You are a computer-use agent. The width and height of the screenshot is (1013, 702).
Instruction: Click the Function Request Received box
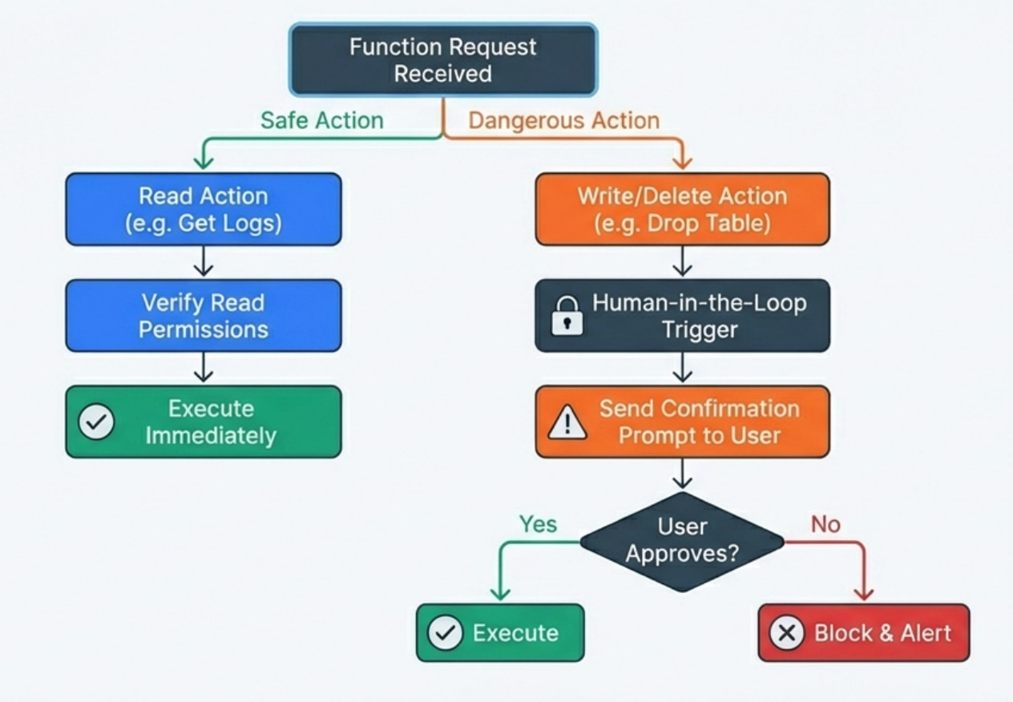coord(443,60)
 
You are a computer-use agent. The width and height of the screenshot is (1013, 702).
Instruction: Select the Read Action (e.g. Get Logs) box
coord(204,209)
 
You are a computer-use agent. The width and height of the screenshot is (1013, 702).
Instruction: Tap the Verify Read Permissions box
coord(204,316)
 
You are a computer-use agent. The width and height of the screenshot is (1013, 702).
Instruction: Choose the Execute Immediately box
coord(204,422)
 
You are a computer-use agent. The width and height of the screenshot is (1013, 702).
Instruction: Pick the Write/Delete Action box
coord(682,209)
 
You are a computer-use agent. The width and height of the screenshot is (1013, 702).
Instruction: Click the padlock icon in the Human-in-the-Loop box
coord(567,316)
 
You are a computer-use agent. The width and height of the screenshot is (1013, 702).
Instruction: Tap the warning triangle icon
coord(567,422)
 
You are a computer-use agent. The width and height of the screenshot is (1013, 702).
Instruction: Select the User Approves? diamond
coord(682,540)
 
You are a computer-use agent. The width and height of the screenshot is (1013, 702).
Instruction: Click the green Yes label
coord(538,524)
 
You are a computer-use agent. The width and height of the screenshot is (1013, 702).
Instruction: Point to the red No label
coord(825,524)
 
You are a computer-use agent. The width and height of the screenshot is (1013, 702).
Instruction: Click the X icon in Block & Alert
coord(787,633)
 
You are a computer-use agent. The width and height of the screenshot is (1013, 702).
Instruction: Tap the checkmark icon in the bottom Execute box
coord(445,633)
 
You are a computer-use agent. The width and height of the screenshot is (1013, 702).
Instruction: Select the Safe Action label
coord(322,120)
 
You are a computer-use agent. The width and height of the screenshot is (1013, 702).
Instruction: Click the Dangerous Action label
coord(564,120)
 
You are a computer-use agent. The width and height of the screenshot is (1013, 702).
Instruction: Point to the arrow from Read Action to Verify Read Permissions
coord(204,261)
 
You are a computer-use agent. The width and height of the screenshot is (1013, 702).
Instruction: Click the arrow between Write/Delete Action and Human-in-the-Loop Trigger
coord(682,261)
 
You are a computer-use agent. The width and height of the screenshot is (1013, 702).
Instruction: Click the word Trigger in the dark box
coord(700,329)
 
